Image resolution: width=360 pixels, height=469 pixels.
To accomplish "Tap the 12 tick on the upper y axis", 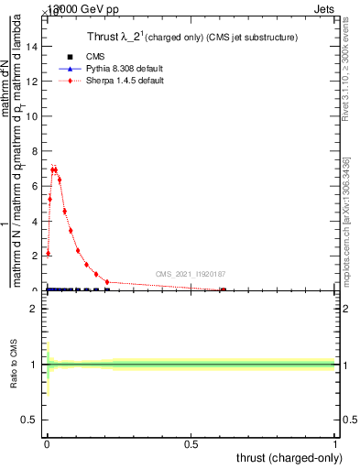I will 34,82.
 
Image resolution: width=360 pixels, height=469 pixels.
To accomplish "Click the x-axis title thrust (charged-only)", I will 289,457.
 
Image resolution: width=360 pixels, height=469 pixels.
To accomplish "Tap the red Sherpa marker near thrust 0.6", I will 223,289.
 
